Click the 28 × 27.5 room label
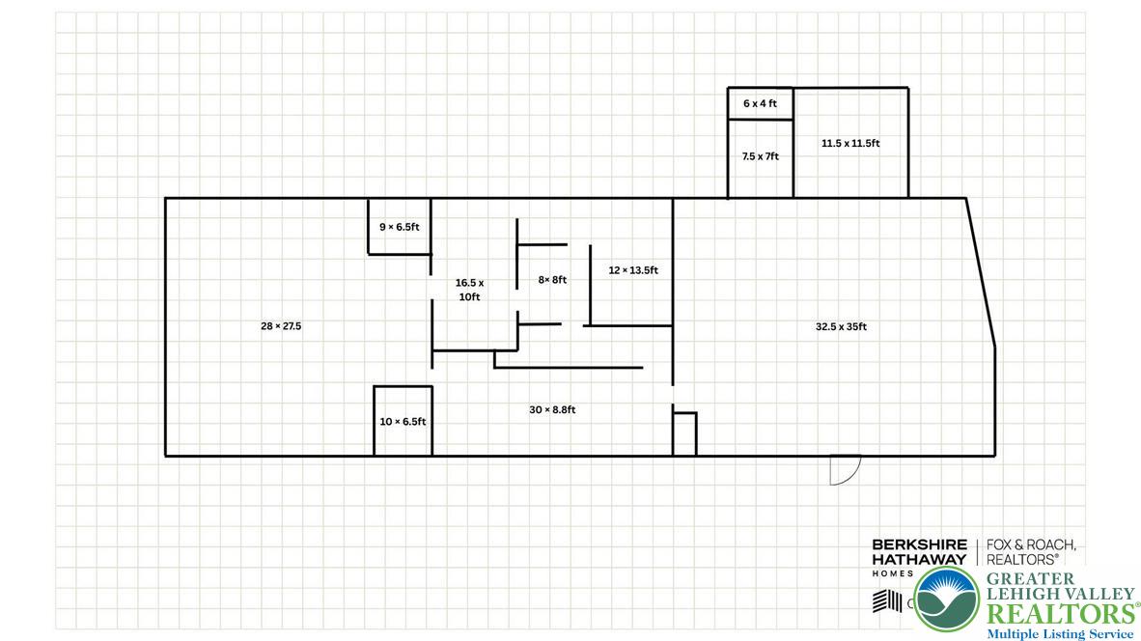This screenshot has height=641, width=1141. click(x=281, y=326)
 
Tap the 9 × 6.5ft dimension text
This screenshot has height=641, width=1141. click(x=399, y=227)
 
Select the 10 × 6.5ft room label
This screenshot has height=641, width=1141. click(x=403, y=422)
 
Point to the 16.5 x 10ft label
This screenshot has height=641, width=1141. click(x=469, y=290)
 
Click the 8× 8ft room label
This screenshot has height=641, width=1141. click(x=552, y=280)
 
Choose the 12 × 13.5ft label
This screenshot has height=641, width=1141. click(x=632, y=270)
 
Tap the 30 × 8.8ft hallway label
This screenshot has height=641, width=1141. click(x=552, y=410)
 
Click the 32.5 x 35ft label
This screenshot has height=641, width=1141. click(x=841, y=326)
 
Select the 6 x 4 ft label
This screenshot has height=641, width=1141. click(x=760, y=103)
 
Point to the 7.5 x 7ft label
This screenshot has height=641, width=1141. click(x=760, y=156)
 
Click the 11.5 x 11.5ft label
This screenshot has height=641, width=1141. click(x=850, y=143)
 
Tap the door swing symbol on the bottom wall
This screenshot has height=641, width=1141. click(x=844, y=469)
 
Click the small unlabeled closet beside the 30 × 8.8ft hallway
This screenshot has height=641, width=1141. click(x=684, y=434)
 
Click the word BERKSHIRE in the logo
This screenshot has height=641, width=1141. click(x=919, y=545)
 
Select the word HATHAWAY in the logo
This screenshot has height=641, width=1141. click(x=919, y=559)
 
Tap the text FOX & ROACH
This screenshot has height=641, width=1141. click(x=1030, y=545)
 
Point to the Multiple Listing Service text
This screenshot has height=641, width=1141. click(x=1059, y=634)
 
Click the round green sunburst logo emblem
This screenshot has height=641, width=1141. click(x=946, y=599)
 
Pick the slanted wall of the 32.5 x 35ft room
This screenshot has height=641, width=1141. click(x=981, y=272)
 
